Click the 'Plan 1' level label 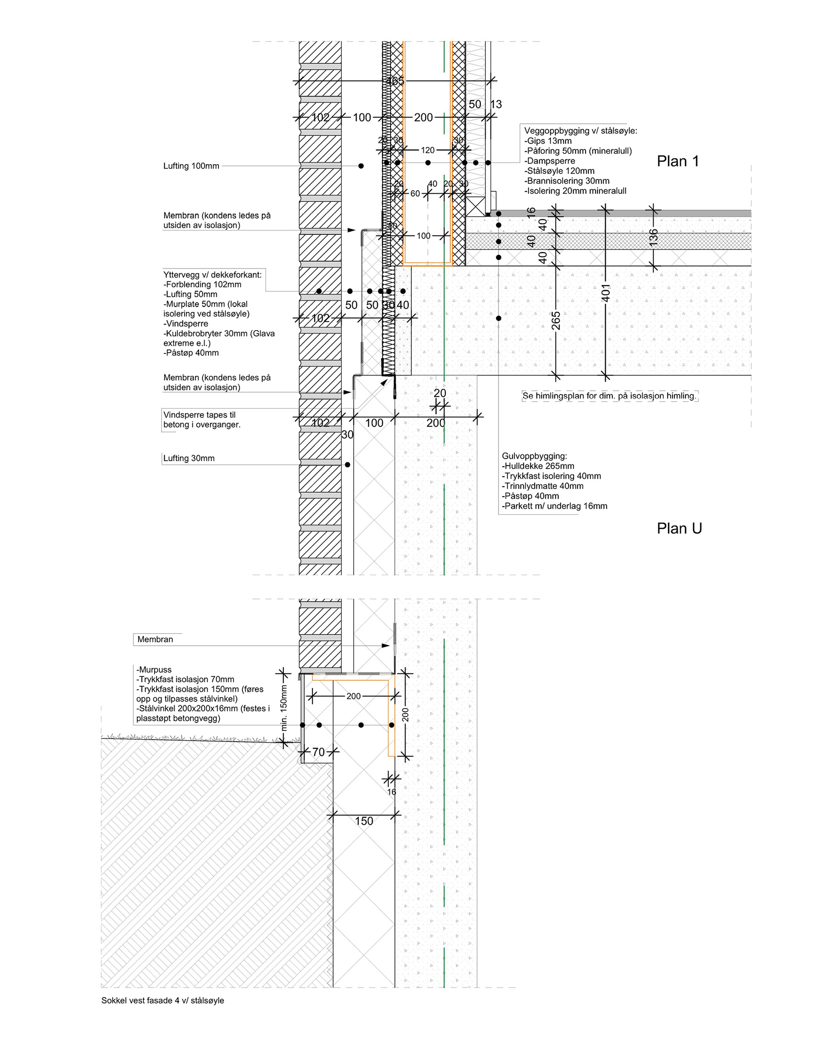678,162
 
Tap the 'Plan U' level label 679,529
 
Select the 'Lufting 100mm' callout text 191,166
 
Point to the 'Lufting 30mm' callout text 188,458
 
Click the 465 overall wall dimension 395,81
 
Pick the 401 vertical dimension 606,293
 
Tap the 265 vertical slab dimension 556,320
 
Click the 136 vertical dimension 653,237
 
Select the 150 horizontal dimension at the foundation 364,821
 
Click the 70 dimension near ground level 318,752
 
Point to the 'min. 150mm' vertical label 283,708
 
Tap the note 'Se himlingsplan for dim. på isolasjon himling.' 610,396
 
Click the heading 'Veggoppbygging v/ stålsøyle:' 580,131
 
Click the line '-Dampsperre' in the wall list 549,161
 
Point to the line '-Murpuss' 154,669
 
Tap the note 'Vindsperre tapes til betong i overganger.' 201,419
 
